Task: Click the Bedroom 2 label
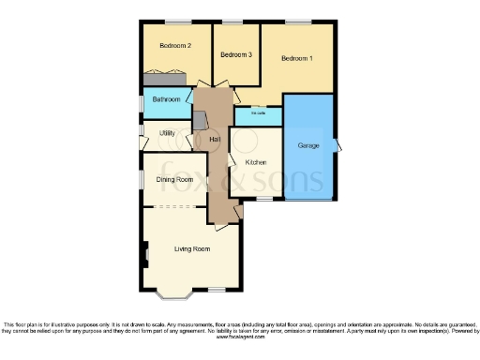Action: [x=175, y=46]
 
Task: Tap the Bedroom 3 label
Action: [x=236, y=55]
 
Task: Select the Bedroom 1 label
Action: [x=297, y=59]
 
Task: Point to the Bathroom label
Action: [x=167, y=99]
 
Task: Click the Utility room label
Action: [x=167, y=134]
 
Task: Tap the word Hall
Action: [x=216, y=140]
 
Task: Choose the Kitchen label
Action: [x=256, y=162]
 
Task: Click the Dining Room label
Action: [x=174, y=179]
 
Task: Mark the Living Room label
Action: [x=191, y=249]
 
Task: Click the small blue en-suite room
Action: [x=258, y=115]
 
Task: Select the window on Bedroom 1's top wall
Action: [x=298, y=22]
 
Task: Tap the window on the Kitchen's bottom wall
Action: [x=264, y=198]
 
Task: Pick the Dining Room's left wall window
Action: [x=142, y=178]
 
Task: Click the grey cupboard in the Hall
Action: [x=201, y=121]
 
